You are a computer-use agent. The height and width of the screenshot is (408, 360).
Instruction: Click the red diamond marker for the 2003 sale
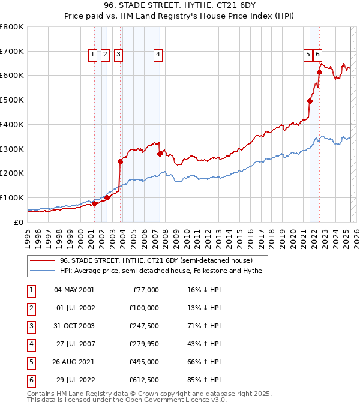point(121,161)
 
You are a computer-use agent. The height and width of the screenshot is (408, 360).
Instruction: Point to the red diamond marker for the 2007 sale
point(160,154)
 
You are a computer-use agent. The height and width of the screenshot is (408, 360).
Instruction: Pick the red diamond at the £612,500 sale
point(320,73)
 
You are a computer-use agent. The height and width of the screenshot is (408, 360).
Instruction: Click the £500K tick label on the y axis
point(12,100)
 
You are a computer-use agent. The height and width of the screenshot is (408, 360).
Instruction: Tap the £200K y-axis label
point(12,173)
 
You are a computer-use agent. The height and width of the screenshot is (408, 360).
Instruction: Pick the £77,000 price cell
point(145,289)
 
